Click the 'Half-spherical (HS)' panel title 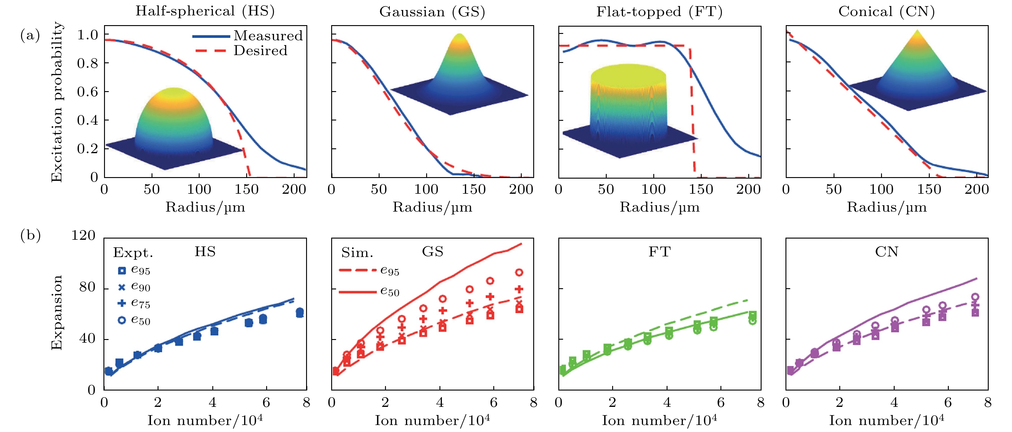[x=205, y=11]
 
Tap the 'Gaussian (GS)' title [x=432, y=12]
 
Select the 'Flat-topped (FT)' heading [x=659, y=12]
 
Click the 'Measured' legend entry [x=268, y=36]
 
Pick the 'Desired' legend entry [x=260, y=51]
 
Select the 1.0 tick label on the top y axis [x=87, y=35]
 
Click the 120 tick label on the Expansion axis [x=83, y=236]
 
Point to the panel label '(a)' [x=30, y=35]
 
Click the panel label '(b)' [x=30, y=236]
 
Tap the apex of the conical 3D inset [x=917, y=30]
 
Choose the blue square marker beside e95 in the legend [x=122, y=270]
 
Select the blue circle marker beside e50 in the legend [x=122, y=320]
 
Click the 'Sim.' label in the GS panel [x=357, y=253]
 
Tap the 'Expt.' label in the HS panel [x=133, y=253]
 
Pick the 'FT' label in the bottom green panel [x=659, y=252]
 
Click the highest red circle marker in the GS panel [x=519, y=272]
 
